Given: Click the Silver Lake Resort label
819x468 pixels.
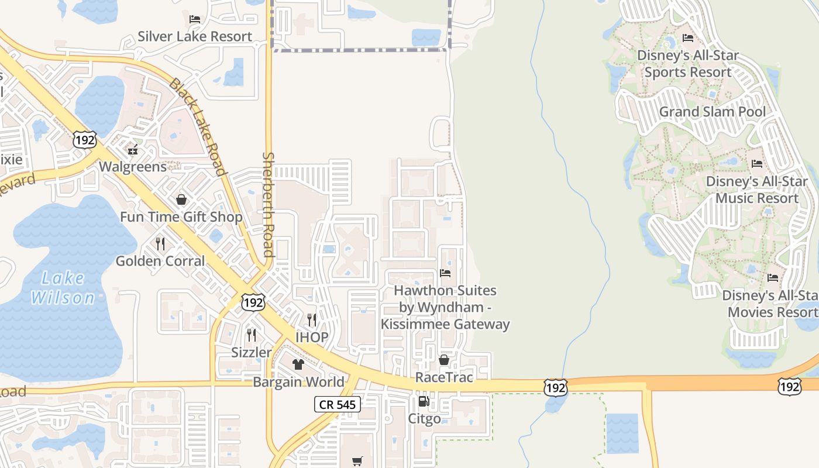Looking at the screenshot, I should coord(195,36).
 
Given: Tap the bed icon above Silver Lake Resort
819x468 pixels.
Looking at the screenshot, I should coord(195,19).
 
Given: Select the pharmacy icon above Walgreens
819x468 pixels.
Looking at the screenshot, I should coord(133,150).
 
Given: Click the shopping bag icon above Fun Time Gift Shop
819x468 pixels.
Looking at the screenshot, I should coord(181,200).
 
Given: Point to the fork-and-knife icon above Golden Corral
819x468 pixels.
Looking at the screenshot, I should coord(160,243).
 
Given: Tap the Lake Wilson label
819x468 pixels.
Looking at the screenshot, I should coord(63,288).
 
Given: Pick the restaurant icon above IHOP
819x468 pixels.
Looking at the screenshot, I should coord(312,320).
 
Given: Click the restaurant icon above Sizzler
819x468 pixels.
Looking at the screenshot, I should coord(252,335).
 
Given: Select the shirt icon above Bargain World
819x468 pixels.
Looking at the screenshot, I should coord(298,364).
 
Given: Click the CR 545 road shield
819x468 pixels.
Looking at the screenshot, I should coord(337,404).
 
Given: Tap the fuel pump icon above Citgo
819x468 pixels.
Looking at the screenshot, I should coord(424,402).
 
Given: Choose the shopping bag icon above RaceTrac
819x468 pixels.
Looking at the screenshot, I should coord(444,360).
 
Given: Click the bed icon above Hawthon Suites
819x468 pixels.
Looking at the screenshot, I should coord(445,273).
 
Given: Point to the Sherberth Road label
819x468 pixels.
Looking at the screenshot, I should coord(269,205).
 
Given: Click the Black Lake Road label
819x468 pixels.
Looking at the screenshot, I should coord(197,126).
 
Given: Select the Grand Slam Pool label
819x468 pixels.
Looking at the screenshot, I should coord(712,112).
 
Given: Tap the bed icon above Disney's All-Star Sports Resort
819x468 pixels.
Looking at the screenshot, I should coord(688,39).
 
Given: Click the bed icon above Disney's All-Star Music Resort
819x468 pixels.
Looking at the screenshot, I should coord(757,164).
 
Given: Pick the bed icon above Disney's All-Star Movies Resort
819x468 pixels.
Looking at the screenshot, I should coord(773,278).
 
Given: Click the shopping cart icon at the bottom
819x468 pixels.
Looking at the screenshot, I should coord(357,461).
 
